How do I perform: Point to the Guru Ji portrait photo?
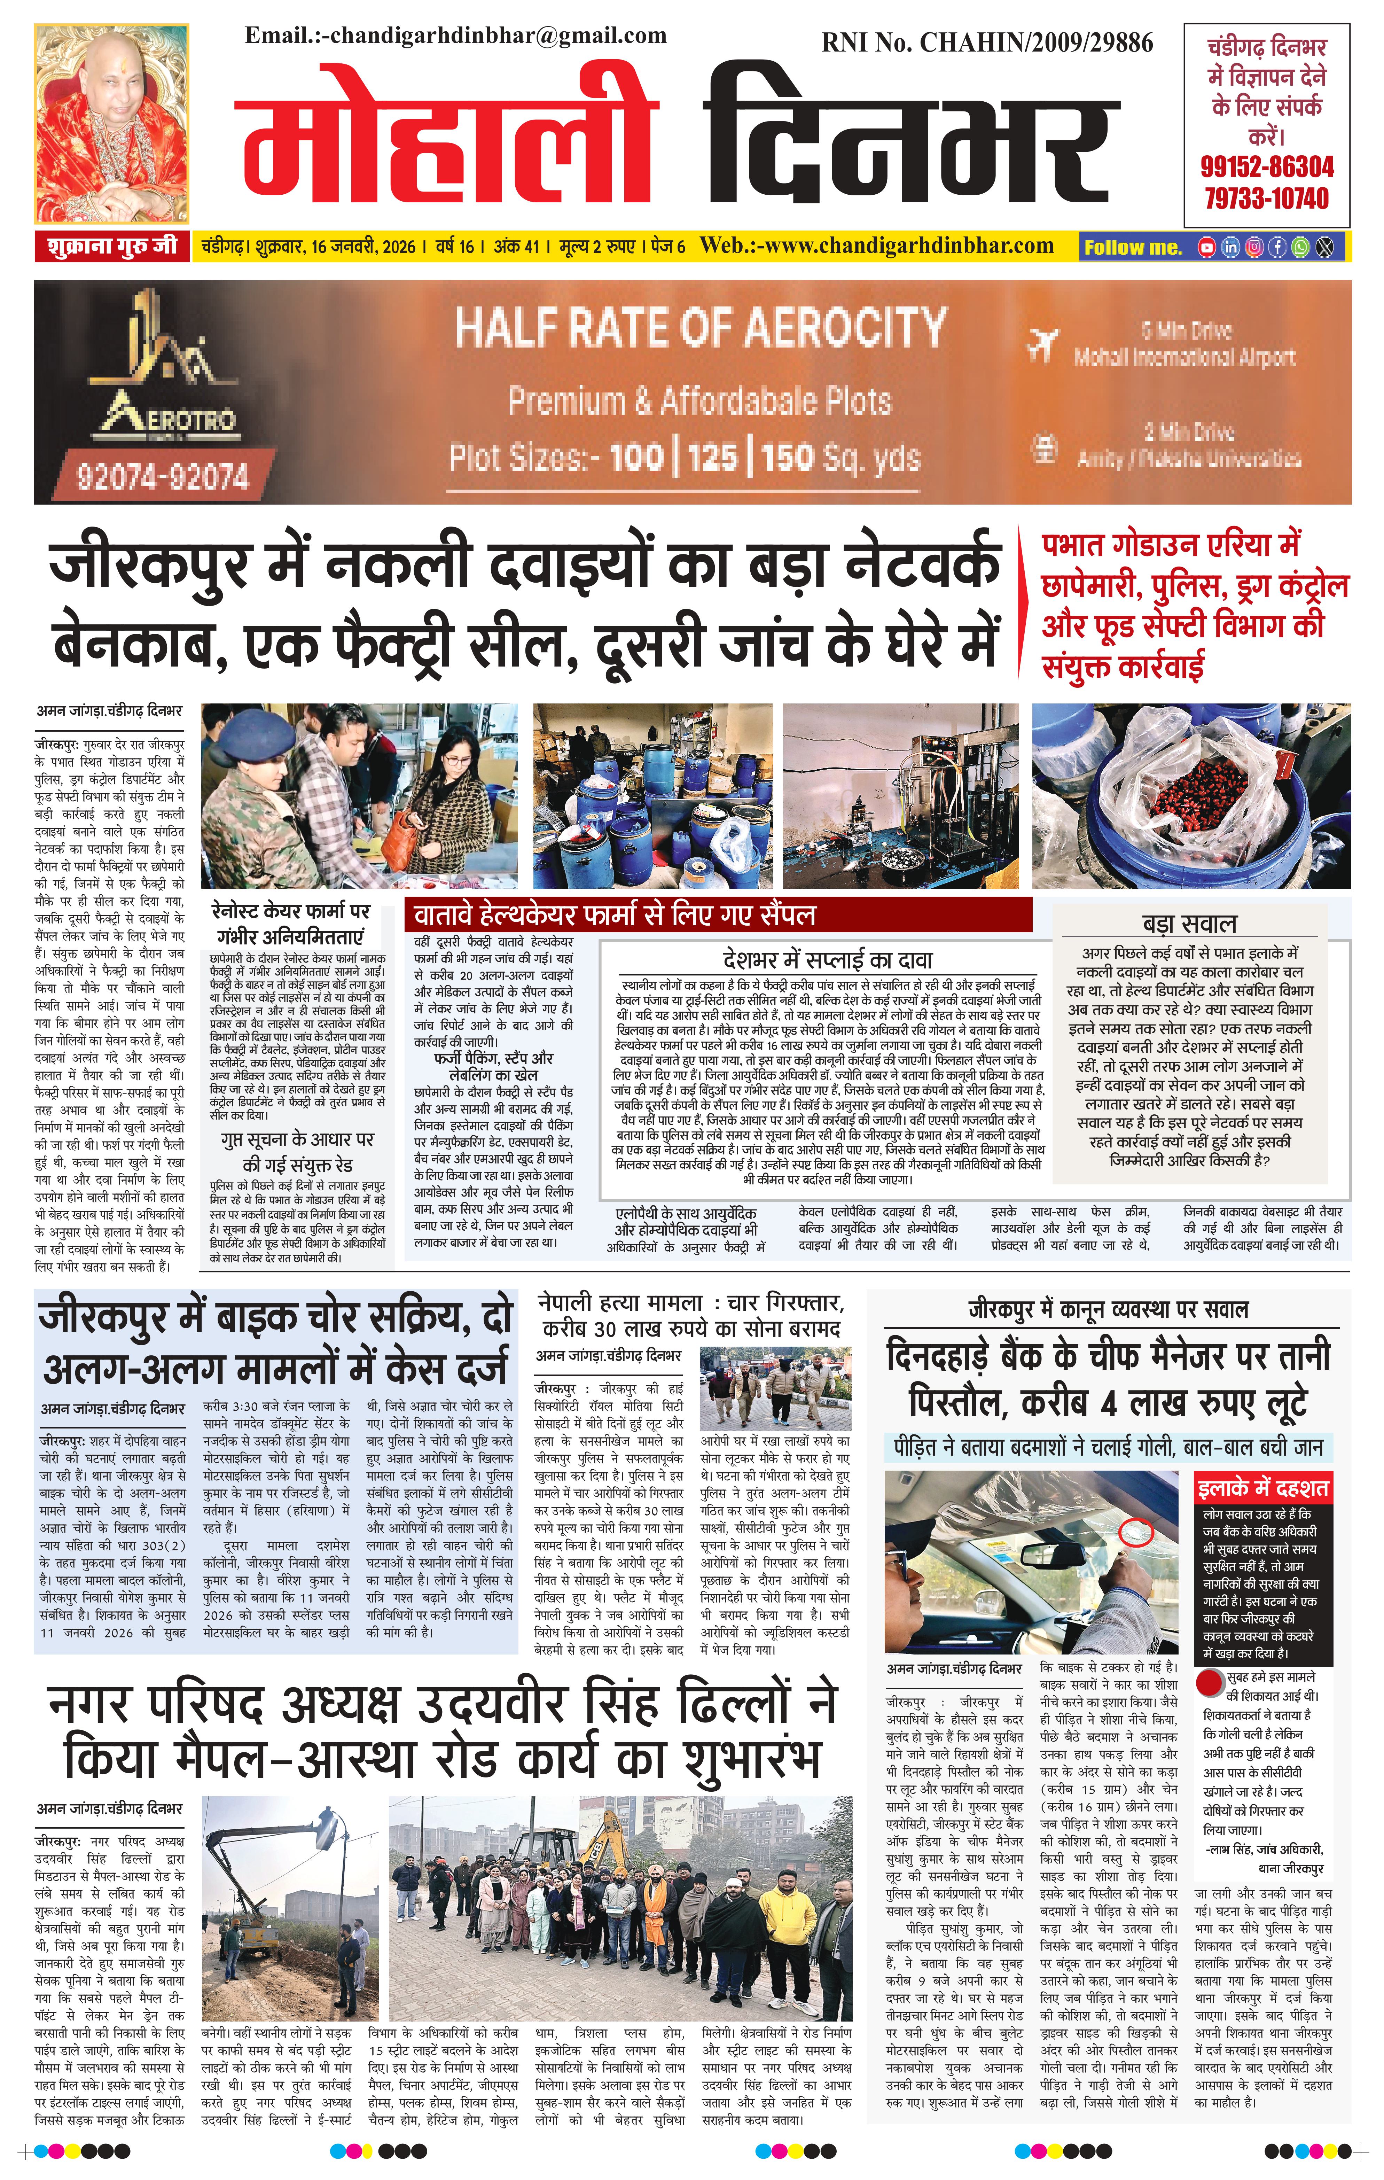click(111, 124)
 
